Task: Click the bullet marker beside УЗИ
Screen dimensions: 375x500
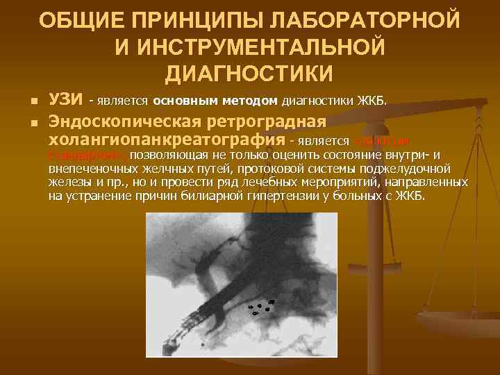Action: point(33,101)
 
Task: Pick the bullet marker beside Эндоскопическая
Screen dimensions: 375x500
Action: point(33,124)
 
